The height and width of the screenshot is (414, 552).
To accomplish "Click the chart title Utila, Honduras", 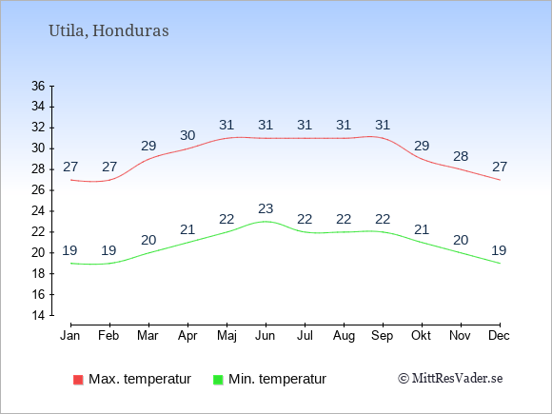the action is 108,31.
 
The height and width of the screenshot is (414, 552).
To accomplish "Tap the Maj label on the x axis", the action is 227,336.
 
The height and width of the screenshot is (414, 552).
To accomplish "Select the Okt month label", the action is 421,336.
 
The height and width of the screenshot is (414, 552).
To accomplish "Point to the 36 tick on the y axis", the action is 38,86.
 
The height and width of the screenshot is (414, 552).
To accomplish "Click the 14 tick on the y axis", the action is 38,315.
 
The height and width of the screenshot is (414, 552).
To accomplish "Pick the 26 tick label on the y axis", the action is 38,190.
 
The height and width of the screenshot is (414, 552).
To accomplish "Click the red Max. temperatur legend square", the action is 78,380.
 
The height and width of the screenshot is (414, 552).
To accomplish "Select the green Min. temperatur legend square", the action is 218,380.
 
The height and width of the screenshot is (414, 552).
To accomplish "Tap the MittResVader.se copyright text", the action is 450,379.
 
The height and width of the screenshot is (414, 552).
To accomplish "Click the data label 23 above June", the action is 266,208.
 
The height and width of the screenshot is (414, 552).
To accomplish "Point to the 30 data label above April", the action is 187,135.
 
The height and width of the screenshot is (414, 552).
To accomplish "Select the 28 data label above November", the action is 461,156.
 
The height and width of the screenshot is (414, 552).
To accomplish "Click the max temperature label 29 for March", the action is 148,146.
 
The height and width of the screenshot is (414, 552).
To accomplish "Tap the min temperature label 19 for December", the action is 499,250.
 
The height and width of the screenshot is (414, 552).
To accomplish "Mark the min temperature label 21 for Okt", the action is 422,230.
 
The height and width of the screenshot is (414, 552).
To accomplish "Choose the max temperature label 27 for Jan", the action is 70,167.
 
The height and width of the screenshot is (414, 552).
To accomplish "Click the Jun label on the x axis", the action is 266,336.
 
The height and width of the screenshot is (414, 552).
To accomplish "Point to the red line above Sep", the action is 383,138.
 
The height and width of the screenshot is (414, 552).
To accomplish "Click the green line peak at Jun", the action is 266,222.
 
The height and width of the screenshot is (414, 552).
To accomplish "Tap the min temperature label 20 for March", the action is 148,240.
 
